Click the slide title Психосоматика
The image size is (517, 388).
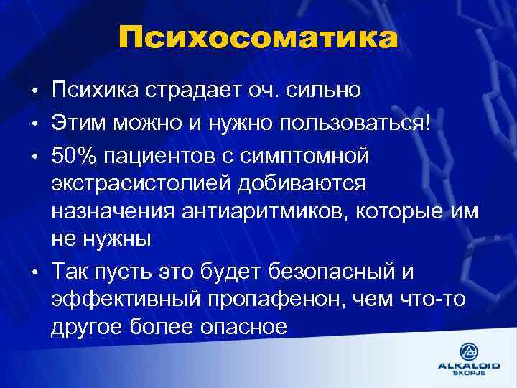258,38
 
